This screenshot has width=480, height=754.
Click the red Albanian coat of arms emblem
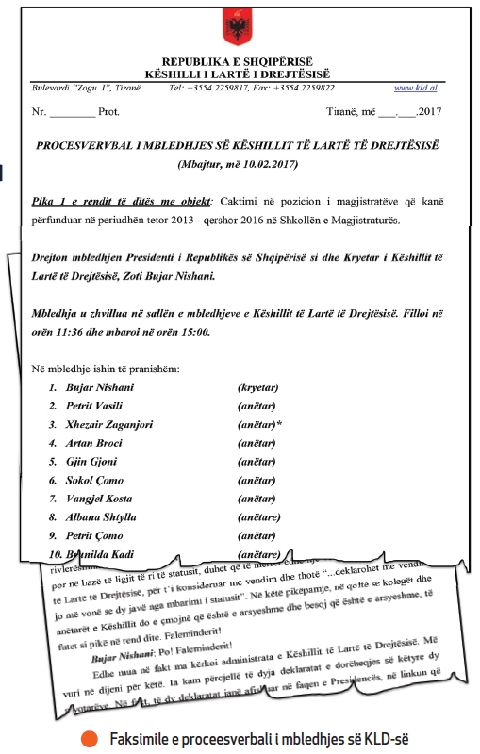(x=233, y=24)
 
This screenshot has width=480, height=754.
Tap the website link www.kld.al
(x=415, y=88)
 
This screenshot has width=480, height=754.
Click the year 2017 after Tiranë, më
(x=428, y=111)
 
